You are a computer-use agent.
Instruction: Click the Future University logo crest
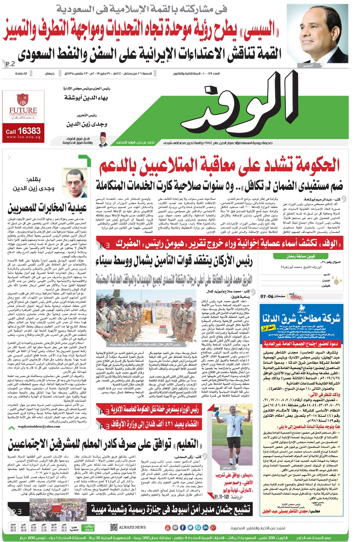[23, 99]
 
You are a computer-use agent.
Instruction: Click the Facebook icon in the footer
[183, 528]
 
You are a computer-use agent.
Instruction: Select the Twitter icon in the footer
[190, 528]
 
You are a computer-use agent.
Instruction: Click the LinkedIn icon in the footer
[205, 528]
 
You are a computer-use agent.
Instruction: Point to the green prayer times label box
[88, 528]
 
